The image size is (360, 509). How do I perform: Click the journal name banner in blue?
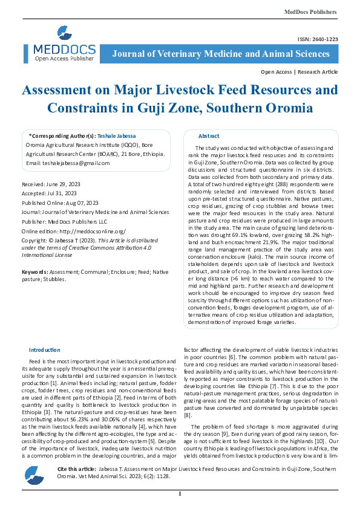click(221, 54)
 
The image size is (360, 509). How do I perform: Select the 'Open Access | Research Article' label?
click(299, 72)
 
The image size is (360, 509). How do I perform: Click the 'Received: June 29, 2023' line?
click(53, 183)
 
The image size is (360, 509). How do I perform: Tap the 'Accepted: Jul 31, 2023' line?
click(51, 193)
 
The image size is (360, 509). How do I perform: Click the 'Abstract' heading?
click(209, 136)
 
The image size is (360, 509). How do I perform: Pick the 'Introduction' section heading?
click(44, 350)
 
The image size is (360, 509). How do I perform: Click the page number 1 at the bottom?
click(180, 494)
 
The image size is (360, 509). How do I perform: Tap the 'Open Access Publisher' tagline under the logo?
click(64, 59)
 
